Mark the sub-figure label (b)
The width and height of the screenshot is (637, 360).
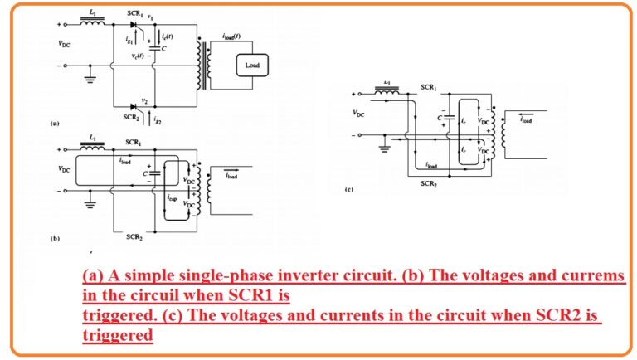pyautogui.click(x=55, y=238)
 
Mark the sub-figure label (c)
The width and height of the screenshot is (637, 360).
pyautogui.click(x=349, y=190)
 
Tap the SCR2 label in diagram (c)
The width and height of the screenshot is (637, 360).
pyautogui.click(x=429, y=183)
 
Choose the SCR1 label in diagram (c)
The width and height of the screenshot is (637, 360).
pyautogui.click(x=428, y=87)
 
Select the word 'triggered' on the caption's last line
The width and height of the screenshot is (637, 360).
pyautogui.click(x=119, y=335)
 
